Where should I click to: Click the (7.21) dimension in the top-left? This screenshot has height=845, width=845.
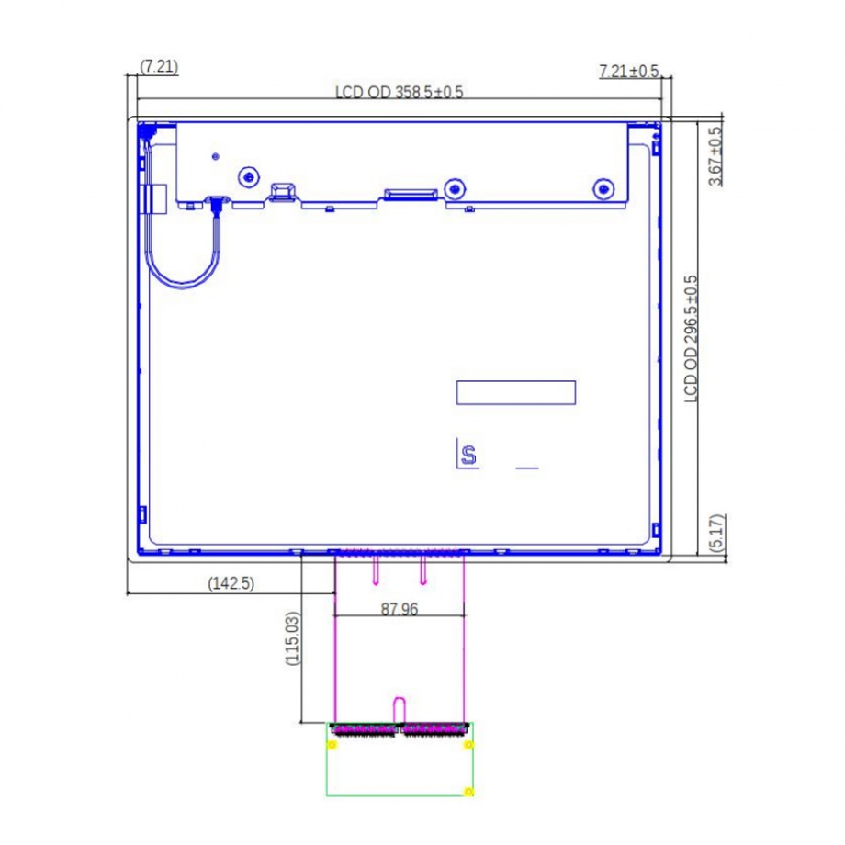(x=159, y=67)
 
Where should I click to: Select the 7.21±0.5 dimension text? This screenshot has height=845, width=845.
(x=629, y=71)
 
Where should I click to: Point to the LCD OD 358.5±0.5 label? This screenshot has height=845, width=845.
(x=400, y=92)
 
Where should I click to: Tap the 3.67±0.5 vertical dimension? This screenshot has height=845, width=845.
(x=715, y=156)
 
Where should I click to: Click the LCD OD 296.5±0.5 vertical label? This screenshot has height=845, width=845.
(x=691, y=339)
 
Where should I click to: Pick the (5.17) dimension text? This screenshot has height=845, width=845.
(x=718, y=533)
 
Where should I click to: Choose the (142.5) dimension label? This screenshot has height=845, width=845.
(x=231, y=583)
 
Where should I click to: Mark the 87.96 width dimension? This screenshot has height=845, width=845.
(x=400, y=609)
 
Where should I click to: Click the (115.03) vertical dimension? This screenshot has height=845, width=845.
(x=292, y=638)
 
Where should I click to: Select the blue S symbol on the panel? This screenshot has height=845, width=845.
(x=468, y=456)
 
